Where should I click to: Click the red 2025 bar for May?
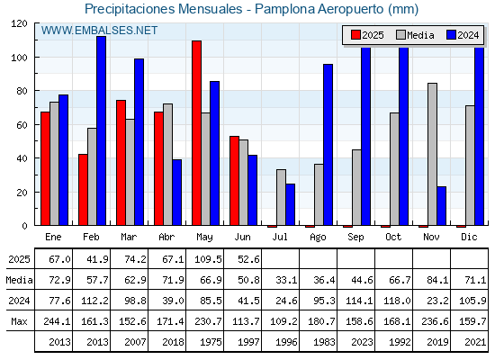pos(197,133)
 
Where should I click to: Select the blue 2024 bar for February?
pos(101,130)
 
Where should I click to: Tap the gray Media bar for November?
pos(432,154)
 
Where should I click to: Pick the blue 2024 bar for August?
pos(328,145)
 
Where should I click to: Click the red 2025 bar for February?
pos(83,190)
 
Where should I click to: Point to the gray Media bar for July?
pos(281,197)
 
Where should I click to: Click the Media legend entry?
pos(415,35)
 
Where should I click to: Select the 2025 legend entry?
pos(367,35)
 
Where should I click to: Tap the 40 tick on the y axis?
pos(22,158)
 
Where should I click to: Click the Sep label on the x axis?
pos(355,238)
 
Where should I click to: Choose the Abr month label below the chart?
pos(166,237)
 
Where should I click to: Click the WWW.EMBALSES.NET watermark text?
pos(99,31)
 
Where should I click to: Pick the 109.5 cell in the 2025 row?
pos(208,259)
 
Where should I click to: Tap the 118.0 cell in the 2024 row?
pos(397,301)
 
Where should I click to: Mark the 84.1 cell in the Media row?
pos(437,280)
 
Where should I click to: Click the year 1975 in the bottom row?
pos(211,342)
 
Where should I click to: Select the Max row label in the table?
pos(19,321)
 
